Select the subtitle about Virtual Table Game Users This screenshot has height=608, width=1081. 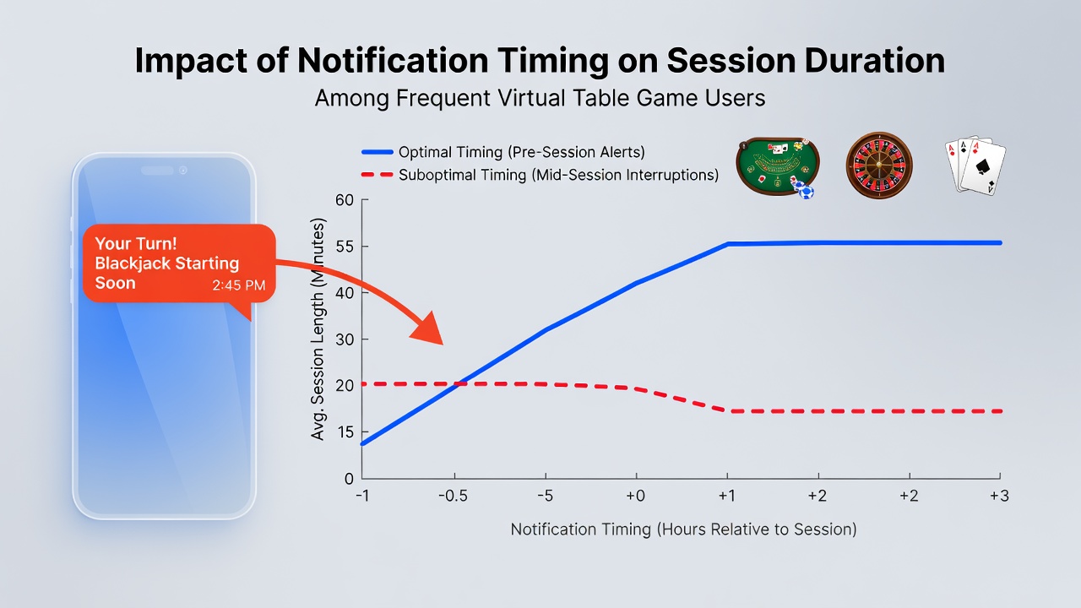tap(540, 99)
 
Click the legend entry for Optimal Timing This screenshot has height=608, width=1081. tap(503, 152)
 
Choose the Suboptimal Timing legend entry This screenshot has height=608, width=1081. tap(540, 175)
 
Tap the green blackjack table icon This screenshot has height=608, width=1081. tap(777, 167)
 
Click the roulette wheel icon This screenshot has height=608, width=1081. tap(879, 165)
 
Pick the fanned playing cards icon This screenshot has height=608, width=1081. tap(975, 165)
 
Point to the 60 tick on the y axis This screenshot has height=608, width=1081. tap(345, 200)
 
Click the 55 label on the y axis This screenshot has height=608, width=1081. tap(345, 247)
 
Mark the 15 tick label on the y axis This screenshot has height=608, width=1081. tap(345, 432)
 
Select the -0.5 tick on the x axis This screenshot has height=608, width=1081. tap(454, 497)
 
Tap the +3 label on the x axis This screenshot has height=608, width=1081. tap(999, 497)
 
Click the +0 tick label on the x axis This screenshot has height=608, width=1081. tap(636, 497)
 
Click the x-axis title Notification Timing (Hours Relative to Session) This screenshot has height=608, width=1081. tap(684, 529)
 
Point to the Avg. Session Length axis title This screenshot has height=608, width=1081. tap(318, 329)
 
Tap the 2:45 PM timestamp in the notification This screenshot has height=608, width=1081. tap(239, 285)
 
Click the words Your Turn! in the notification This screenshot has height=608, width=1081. tap(136, 244)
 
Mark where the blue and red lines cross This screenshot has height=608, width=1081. tap(458, 384)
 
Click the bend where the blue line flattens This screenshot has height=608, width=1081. tap(728, 244)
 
